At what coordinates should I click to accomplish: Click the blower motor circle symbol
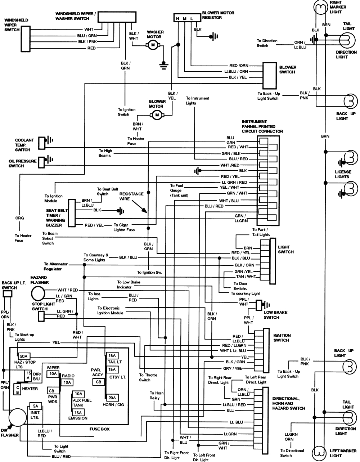(x=156, y=115)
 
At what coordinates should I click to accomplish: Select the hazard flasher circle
(x=38, y=293)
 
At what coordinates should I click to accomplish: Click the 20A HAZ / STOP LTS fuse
(x=25, y=356)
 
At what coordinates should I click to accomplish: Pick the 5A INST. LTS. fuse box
(x=35, y=405)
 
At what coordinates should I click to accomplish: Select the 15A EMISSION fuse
(x=78, y=412)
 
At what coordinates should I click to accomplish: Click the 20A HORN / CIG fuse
(x=112, y=398)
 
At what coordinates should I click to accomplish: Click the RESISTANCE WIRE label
(x=131, y=196)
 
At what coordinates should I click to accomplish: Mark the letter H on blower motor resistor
(x=177, y=18)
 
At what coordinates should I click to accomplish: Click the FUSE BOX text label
(x=99, y=429)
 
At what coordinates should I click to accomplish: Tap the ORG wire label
(x=19, y=218)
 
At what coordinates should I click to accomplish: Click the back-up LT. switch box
(x=7, y=294)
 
